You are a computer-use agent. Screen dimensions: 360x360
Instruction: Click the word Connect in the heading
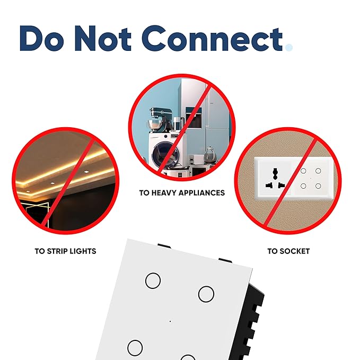point(213,38)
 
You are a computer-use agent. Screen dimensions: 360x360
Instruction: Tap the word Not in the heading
point(103,38)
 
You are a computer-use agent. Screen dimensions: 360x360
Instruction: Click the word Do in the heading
point(42,38)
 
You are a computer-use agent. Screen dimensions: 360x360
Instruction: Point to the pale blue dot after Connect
point(289,48)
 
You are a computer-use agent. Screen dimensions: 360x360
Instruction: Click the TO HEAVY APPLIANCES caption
point(182,193)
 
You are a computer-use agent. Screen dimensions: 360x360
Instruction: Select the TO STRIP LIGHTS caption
point(65,251)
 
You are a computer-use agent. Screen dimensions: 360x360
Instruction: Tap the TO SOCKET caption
point(288,251)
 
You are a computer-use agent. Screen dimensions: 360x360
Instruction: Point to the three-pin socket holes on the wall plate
point(275,178)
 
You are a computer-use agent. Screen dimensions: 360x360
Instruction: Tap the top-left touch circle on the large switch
point(153,280)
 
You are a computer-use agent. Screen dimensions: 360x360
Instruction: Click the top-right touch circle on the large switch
point(206,294)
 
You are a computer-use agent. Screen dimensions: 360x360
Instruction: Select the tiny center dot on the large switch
point(170,321)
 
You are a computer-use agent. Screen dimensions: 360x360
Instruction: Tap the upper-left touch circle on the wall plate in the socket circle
point(303,171)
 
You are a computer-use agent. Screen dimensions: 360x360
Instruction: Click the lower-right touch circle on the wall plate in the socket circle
point(318,186)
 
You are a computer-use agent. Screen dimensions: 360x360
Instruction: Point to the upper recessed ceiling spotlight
point(86,172)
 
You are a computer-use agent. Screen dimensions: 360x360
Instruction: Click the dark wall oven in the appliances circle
point(194,118)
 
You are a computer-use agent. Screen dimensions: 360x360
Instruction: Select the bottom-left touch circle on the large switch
point(135,348)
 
